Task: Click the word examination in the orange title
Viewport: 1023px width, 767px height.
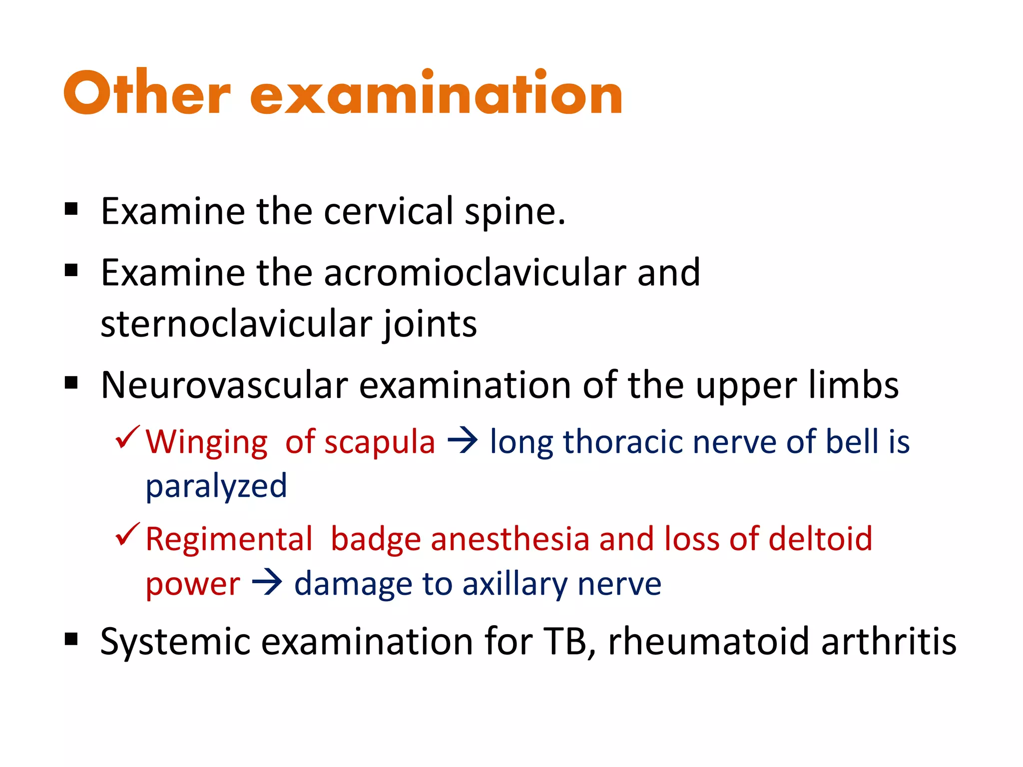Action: tap(436, 93)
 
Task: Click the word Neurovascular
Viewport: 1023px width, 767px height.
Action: tap(224, 385)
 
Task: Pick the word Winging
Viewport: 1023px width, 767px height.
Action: tap(207, 442)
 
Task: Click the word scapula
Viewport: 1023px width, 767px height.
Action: tap(380, 442)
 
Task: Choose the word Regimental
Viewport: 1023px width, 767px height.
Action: tap(229, 539)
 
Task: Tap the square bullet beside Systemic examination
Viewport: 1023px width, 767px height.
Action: tap(71, 639)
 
